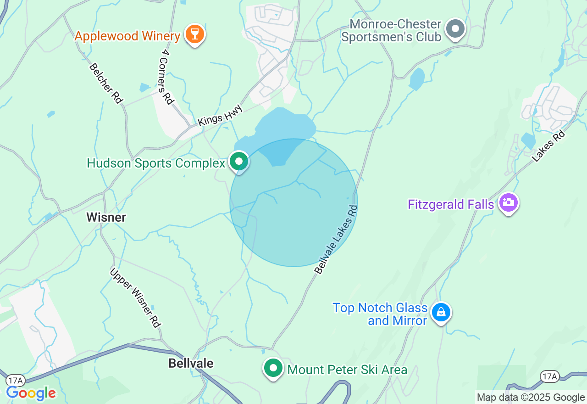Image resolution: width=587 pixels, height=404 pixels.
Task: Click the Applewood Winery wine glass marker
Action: [x=195, y=34]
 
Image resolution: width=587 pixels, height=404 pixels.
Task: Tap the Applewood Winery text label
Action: [x=127, y=36]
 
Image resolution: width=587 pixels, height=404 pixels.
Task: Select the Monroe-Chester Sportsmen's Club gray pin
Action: [x=455, y=28]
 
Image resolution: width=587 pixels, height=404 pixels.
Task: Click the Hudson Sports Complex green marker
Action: [x=238, y=161]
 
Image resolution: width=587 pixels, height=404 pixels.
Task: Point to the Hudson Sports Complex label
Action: [x=156, y=163]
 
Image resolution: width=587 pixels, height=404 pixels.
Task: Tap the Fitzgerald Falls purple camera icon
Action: [x=508, y=202]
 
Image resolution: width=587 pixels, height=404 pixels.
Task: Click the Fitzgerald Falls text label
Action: [x=451, y=204]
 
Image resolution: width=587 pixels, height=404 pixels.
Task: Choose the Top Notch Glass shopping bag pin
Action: [x=441, y=312]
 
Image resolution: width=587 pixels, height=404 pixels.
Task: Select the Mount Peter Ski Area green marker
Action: [x=273, y=368]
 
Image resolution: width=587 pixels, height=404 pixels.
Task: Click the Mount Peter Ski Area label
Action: [x=347, y=370]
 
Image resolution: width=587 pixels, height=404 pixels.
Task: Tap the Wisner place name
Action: [x=106, y=217]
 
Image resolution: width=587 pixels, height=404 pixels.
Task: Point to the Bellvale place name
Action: [x=191, y=363]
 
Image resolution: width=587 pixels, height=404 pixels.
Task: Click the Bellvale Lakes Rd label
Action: [x=336, y=239]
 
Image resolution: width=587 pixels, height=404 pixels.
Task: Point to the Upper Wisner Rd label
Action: [x=135, y=297]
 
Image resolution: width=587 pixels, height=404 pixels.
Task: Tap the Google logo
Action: [x=31, y=393]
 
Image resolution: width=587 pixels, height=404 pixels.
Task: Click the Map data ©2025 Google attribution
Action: [x=531, y=398]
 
